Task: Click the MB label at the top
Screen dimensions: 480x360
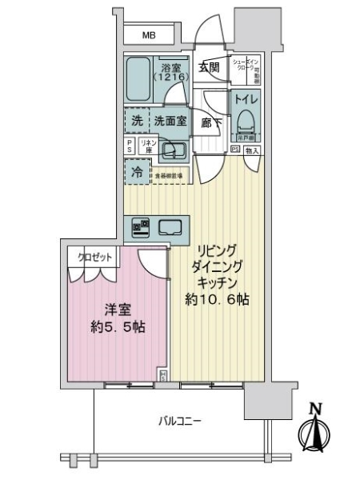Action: [x=150, y=35]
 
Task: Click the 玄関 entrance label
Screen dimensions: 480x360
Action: [x=209, y=68]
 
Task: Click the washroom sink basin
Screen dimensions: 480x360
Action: [x=171, y=149]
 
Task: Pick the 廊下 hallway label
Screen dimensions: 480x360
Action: [x=210, y=124]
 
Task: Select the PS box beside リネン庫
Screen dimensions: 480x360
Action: [x=130, y=146]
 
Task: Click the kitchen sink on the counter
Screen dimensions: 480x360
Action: [x=170, y=226]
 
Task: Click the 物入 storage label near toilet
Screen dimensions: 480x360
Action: [x=252, y=149]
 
